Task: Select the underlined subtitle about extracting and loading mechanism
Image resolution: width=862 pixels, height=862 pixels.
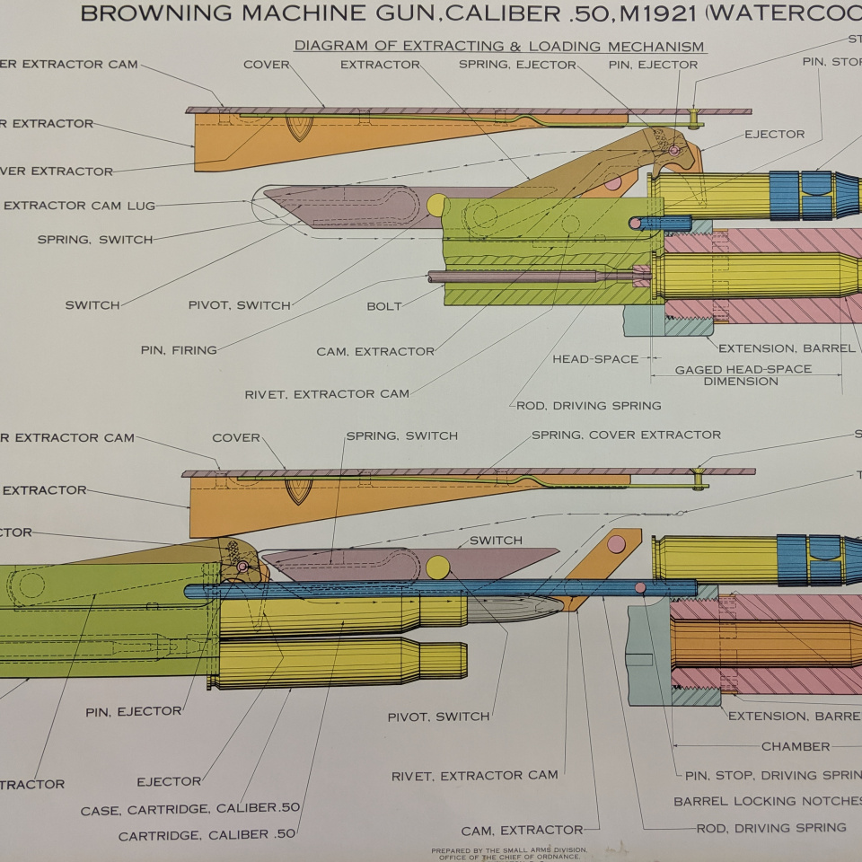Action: point(499,47)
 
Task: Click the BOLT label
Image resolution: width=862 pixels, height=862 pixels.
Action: point(384,306)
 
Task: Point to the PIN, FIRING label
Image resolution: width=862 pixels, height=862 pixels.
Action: point(179,350)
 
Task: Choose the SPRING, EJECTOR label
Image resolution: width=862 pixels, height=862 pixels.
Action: point(517,65)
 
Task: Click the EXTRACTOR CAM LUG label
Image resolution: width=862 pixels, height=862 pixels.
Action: point(79,206)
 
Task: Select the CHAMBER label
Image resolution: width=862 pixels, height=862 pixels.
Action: point(796,746)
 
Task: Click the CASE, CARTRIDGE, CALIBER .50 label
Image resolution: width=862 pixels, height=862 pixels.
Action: point(190,809)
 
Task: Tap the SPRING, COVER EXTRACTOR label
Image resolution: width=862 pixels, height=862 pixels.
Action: point(626,435)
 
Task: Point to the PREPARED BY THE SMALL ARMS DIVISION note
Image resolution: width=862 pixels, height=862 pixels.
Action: point(508,849)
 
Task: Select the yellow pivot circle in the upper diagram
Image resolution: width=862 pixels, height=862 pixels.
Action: point(436,205)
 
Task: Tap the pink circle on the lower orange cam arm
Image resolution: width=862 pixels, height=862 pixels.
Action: point(616,544)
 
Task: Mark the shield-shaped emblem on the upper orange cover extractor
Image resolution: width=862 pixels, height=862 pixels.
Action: point(299,127)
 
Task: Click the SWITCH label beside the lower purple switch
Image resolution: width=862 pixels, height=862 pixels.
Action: point(496,541)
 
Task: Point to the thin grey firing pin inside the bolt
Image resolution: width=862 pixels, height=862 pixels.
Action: point(530,277)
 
